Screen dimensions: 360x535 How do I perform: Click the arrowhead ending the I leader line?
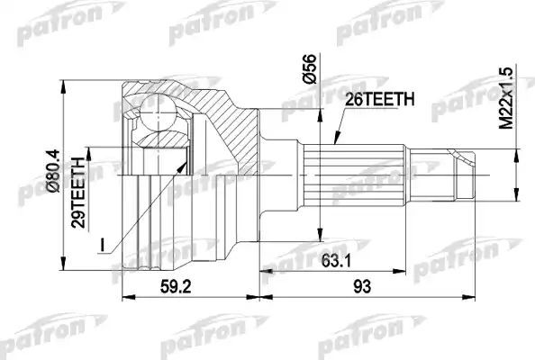pos(187,163)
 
